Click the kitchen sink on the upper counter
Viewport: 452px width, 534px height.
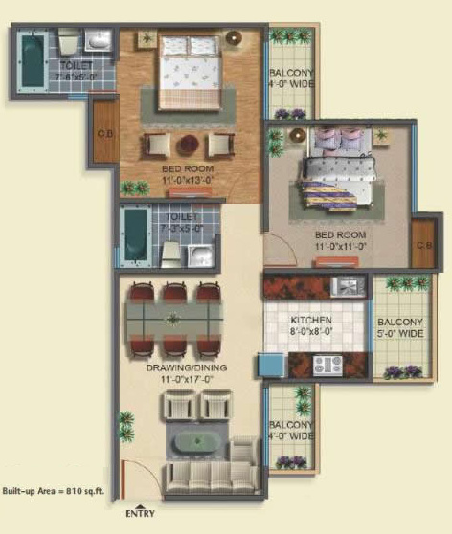(345, 284)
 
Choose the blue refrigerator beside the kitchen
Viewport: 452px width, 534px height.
(270, 366)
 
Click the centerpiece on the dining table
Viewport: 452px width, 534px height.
(172, 319)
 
